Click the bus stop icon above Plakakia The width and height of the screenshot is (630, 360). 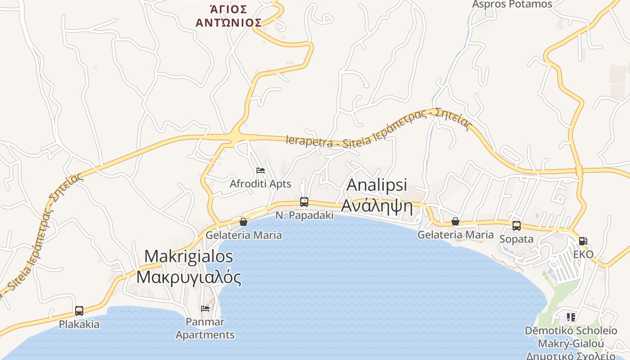[79, 310]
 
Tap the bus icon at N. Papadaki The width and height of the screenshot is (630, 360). [304, 202]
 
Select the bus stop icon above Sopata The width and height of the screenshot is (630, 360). [517, 226]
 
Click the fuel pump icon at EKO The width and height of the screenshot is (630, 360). [583, 241]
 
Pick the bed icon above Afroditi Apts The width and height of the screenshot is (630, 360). [260, 171]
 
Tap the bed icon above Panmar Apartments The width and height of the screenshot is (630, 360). [205, 308]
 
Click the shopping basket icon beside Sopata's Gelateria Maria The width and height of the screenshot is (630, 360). [455, 221]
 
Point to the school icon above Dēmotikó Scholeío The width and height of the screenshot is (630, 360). [571, 317]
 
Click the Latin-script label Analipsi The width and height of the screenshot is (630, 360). [377, 185]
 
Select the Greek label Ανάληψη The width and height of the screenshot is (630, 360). [377, 205]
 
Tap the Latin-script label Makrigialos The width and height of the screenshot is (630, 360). [189, 256]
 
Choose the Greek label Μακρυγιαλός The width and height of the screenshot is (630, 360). [189, 277]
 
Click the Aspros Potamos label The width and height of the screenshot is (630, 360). [512, 4]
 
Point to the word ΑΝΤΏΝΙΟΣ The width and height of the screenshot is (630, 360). [229, 22]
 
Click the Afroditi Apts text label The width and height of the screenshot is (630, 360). [261, 184]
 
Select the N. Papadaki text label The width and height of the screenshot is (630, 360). [305, 216]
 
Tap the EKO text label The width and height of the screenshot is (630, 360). [583, 254]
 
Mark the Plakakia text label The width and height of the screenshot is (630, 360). [79, 324]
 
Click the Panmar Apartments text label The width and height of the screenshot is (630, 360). [205, 328]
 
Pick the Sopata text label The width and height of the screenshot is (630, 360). [517, 239]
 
